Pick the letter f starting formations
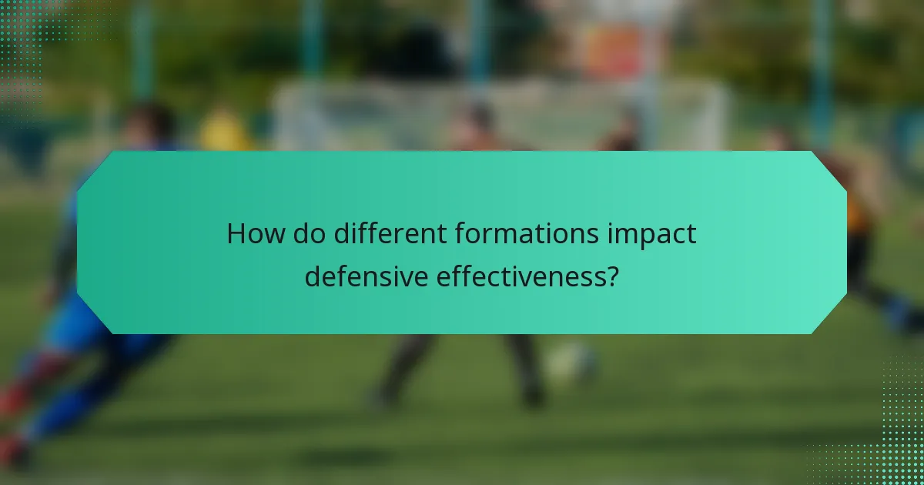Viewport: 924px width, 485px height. coord(460,234)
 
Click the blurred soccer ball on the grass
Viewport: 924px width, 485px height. coord(570,361)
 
